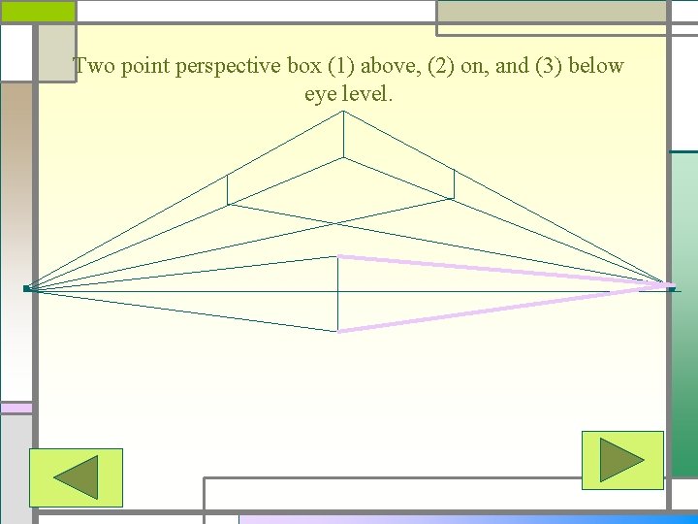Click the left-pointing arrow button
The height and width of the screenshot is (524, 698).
click(x=76, y=477)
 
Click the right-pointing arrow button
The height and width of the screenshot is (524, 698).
click(x=621, y=460)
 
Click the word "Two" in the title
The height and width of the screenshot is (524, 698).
click(x=94, y=67)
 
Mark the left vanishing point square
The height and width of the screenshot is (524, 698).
click(x=27, y=288)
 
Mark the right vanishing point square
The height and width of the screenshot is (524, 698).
click(x=671, y=288)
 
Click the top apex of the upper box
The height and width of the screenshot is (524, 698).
click(x=343, y=113)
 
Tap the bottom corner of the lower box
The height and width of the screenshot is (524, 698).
click(x=337, y=331)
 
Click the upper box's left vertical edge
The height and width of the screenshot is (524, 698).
click(x=227, y=189)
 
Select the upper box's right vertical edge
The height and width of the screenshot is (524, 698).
click(x=454, y=184)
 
